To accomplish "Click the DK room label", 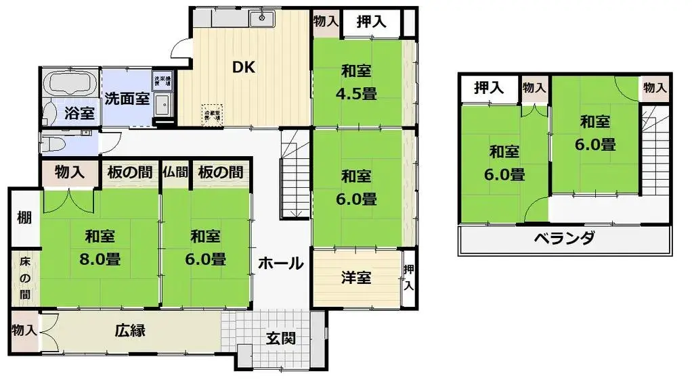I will coord(243,68).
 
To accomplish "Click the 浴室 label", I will coord(79,113).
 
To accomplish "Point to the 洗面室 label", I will coord(127,98).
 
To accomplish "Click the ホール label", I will coord(280,264).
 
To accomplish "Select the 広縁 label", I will coord(130,332).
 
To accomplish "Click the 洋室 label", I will coord(355,277).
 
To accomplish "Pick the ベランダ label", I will coord(564,239).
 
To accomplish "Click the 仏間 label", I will coord(175,172).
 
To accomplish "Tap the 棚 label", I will coord(24,218).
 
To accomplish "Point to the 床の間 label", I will coord(24,276).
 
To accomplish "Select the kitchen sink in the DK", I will coord(261,19).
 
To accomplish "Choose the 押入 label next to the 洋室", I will coord(408,278).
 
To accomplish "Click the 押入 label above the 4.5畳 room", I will coord(371,20).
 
